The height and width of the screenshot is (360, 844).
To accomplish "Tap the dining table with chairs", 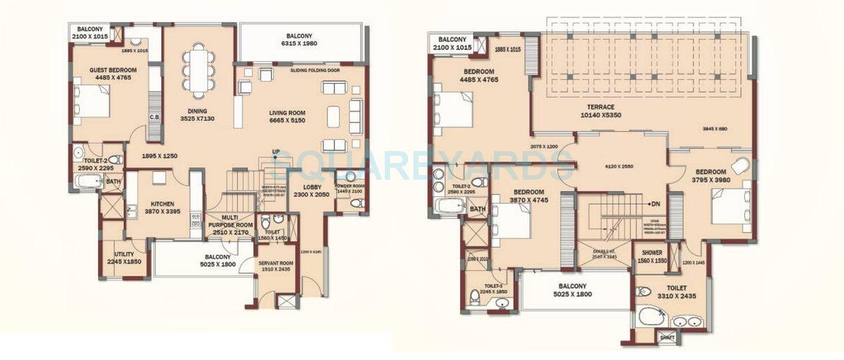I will pos(199,70).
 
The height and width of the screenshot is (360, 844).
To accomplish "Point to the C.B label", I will pos(153,118).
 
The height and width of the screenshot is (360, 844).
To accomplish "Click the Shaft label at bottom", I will pos(666,338).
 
